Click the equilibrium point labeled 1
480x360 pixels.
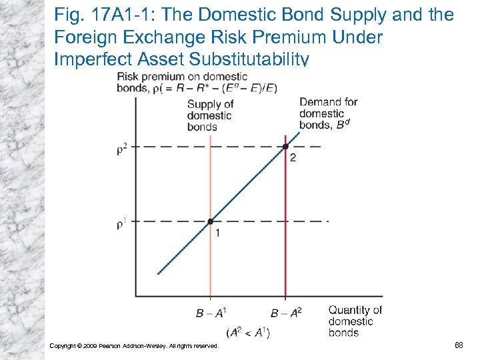[x=210, y=221]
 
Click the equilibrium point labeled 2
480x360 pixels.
[x=285, y=147]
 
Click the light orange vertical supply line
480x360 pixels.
[x=210, y=267]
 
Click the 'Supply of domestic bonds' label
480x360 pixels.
[x=210, y=115]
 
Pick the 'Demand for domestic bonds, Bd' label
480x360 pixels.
[x=328, y=113]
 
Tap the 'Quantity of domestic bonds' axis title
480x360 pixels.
[x=354, y=321]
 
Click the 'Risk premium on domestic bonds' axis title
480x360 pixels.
[x=197, y=82]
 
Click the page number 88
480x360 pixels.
[x=459, y=345]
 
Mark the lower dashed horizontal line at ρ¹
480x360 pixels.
[x=167, y=221]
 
